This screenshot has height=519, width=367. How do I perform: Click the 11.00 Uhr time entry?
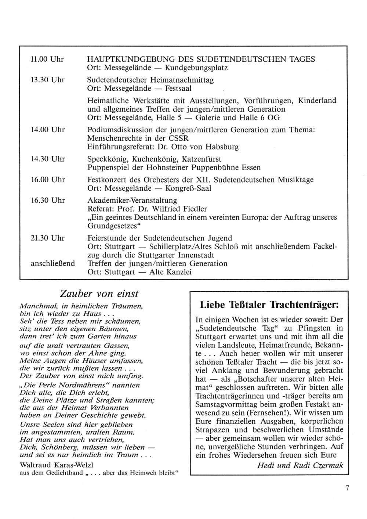48,59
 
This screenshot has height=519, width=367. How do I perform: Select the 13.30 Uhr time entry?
48,80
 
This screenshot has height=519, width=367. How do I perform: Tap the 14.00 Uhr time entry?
48,130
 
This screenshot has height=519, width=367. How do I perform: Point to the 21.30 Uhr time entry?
48,238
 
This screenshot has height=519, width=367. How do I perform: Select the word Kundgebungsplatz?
196,68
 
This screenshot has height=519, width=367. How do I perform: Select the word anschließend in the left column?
52,263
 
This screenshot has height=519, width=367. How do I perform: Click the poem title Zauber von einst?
99,294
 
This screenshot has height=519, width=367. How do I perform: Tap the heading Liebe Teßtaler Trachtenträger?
268,305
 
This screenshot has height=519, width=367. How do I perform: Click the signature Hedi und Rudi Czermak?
300,465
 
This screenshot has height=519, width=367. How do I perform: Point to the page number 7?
347,488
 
